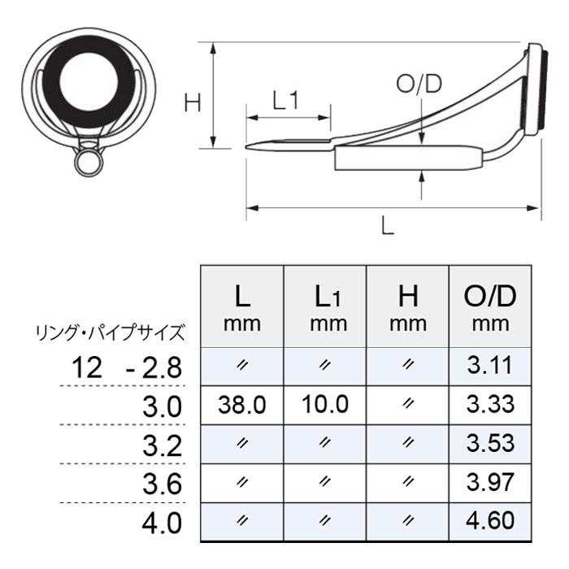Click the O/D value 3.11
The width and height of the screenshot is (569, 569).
[x=491, y=366]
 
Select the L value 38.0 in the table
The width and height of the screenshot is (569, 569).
[x=243, y=404]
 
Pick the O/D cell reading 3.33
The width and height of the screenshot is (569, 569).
[x=491, y=404]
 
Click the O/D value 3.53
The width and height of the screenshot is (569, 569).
[x=491, y=443]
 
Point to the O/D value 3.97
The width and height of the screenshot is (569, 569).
[x=491, y=482]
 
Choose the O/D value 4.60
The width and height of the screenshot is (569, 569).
[x=491, y=521]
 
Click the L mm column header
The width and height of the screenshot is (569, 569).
[x=242, y=307]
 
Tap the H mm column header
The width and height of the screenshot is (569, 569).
[x=408, y=307]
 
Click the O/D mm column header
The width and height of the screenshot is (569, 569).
[x=491, y=307]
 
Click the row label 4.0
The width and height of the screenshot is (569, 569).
[x=162, y=522]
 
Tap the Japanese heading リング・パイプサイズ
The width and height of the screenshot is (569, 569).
[x=110, y=332]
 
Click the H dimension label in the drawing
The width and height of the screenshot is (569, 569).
[x=192, y=102]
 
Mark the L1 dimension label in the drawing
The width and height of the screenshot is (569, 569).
[x=286, y=100]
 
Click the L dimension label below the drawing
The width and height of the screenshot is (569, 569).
[x=388, y=227]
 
